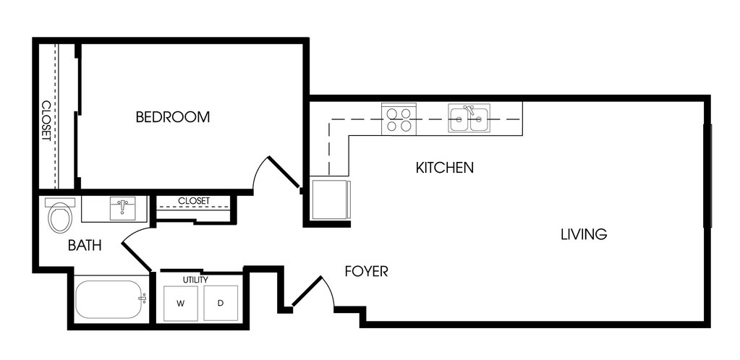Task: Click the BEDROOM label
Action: tap(173, 116)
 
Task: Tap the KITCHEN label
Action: tap(445, 168)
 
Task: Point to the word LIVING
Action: tap(584, 234)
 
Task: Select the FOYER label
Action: tap(366, 271)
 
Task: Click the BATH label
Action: tap(85, 245)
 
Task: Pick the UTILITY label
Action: tap(195, 280)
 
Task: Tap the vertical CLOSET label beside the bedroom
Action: tap(46, 121)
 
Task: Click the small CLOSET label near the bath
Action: tap(193, 201)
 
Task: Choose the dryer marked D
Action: tap(221, 304)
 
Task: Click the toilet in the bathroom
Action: tap(61, 215)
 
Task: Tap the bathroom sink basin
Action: tap(123, 208)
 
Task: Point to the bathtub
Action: tap(108, 300)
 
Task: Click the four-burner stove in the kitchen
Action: tap(399, 119)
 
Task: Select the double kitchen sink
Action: tap(469, 119)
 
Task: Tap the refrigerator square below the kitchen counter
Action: tap(331, 199)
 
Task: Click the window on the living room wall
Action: tap(707, 176)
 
